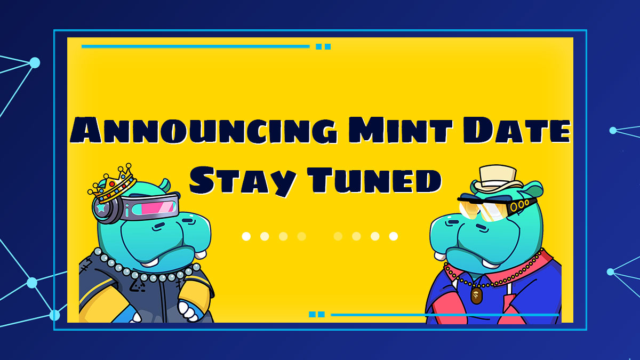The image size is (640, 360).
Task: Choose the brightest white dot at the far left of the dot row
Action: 246,236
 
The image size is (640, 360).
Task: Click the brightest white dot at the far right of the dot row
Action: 393,236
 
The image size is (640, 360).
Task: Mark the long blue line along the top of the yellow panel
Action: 195,46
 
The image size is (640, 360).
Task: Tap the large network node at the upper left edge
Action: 35,63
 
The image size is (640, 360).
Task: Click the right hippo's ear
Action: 534,188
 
